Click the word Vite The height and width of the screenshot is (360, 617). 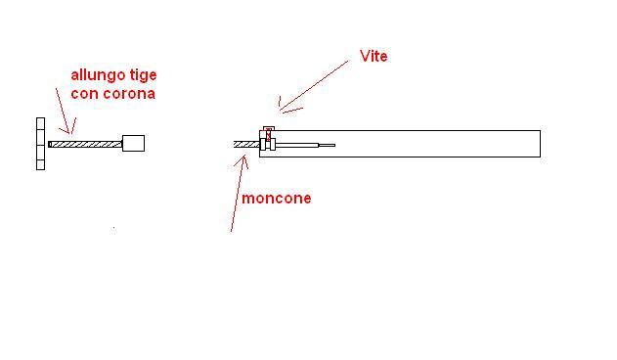tap(374, 57)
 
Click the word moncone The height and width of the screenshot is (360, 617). tap(277, 199)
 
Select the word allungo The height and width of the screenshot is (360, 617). tap(98, 75)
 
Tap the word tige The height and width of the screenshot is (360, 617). tap(144, 75)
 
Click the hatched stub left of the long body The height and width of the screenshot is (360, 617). tap(246, 145)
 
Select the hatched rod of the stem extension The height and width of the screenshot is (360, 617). tap(86, 144)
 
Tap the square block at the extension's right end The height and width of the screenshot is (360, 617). tap(133, 143)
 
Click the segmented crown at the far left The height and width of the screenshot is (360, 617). tap(40, 144)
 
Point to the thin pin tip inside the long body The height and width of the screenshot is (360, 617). tap(327, 146)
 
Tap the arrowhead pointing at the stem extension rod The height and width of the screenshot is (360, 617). tap(69, 131)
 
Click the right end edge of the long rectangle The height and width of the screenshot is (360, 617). tap(540, 144)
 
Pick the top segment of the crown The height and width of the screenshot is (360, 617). tap(40, 123)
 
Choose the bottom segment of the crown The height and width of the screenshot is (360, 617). tap(40, 164)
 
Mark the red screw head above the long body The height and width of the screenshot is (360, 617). tap(267, 127)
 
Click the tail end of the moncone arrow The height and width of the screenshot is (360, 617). tap(231, 231)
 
